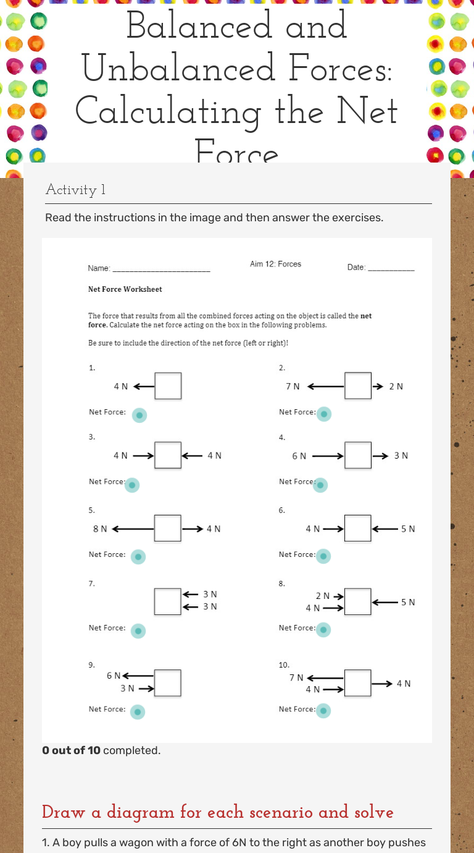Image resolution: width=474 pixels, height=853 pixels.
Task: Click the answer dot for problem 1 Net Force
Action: pos(141,415)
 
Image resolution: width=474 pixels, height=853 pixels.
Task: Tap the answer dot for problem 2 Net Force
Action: pos(323,414)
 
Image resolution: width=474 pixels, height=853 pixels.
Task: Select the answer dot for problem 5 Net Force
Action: pos(139,557)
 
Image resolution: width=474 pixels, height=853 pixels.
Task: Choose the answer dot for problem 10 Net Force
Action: pos(323,711)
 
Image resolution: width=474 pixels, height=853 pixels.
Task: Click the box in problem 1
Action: pos(168,386)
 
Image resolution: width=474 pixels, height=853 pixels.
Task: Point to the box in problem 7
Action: pos(168,601)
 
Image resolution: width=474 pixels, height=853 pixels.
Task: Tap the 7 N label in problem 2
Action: pos(293,386)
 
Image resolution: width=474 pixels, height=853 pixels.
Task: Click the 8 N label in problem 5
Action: pos(100,529)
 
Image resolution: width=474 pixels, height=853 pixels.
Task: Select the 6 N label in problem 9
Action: pos(113,676)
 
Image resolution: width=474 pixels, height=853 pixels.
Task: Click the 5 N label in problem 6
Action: pos(408,529)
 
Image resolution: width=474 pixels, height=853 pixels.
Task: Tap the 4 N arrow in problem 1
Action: pos(143,386)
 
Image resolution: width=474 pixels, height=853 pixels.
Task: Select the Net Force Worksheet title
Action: pos(125,289)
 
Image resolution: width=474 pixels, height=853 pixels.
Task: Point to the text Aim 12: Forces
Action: pos(275,264)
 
